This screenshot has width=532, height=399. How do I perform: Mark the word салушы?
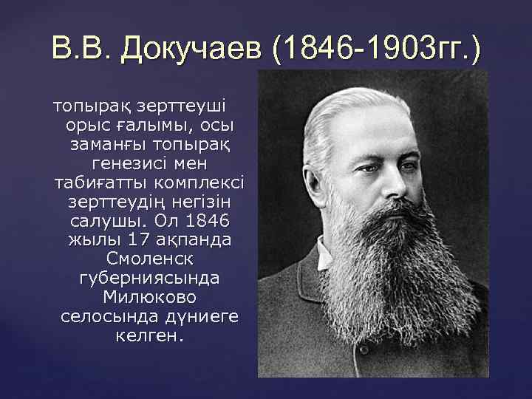coord(108,220)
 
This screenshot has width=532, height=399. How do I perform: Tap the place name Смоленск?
coord(149,259)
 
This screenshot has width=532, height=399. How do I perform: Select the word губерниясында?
coord(149,278)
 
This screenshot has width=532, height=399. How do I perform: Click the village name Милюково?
coord(149,297)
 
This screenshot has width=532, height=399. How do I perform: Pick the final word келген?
coord(149,335)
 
